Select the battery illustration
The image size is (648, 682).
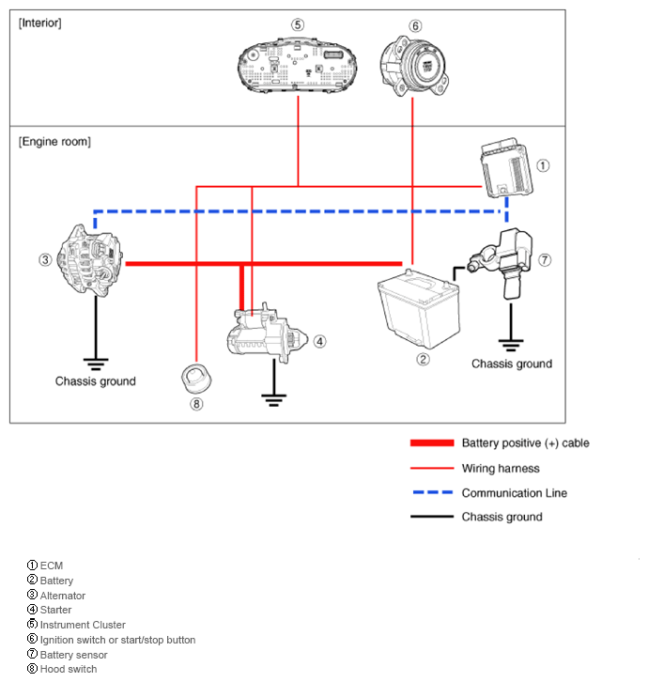(x=417, y=313)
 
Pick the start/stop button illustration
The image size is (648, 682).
(x=414, y=64)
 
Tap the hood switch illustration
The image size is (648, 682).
(x=195, y=379)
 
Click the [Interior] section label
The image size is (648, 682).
(x=40, y=23)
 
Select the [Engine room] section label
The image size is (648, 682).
(x=54, y=141)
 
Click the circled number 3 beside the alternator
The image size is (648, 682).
(x=44, y=259)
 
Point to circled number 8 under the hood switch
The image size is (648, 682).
(x=195, y=405)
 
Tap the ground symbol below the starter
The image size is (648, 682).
(x=273, y=398)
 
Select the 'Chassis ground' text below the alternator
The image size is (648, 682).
(x=95, y=381)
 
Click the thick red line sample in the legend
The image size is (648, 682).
(x=431, y=442)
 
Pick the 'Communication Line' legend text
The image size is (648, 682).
(x=514, y=493)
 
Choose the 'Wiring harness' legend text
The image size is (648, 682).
(x=501, y=468)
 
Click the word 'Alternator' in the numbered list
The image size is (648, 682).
(x=63, y=596)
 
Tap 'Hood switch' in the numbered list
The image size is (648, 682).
(x=69, y=669)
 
